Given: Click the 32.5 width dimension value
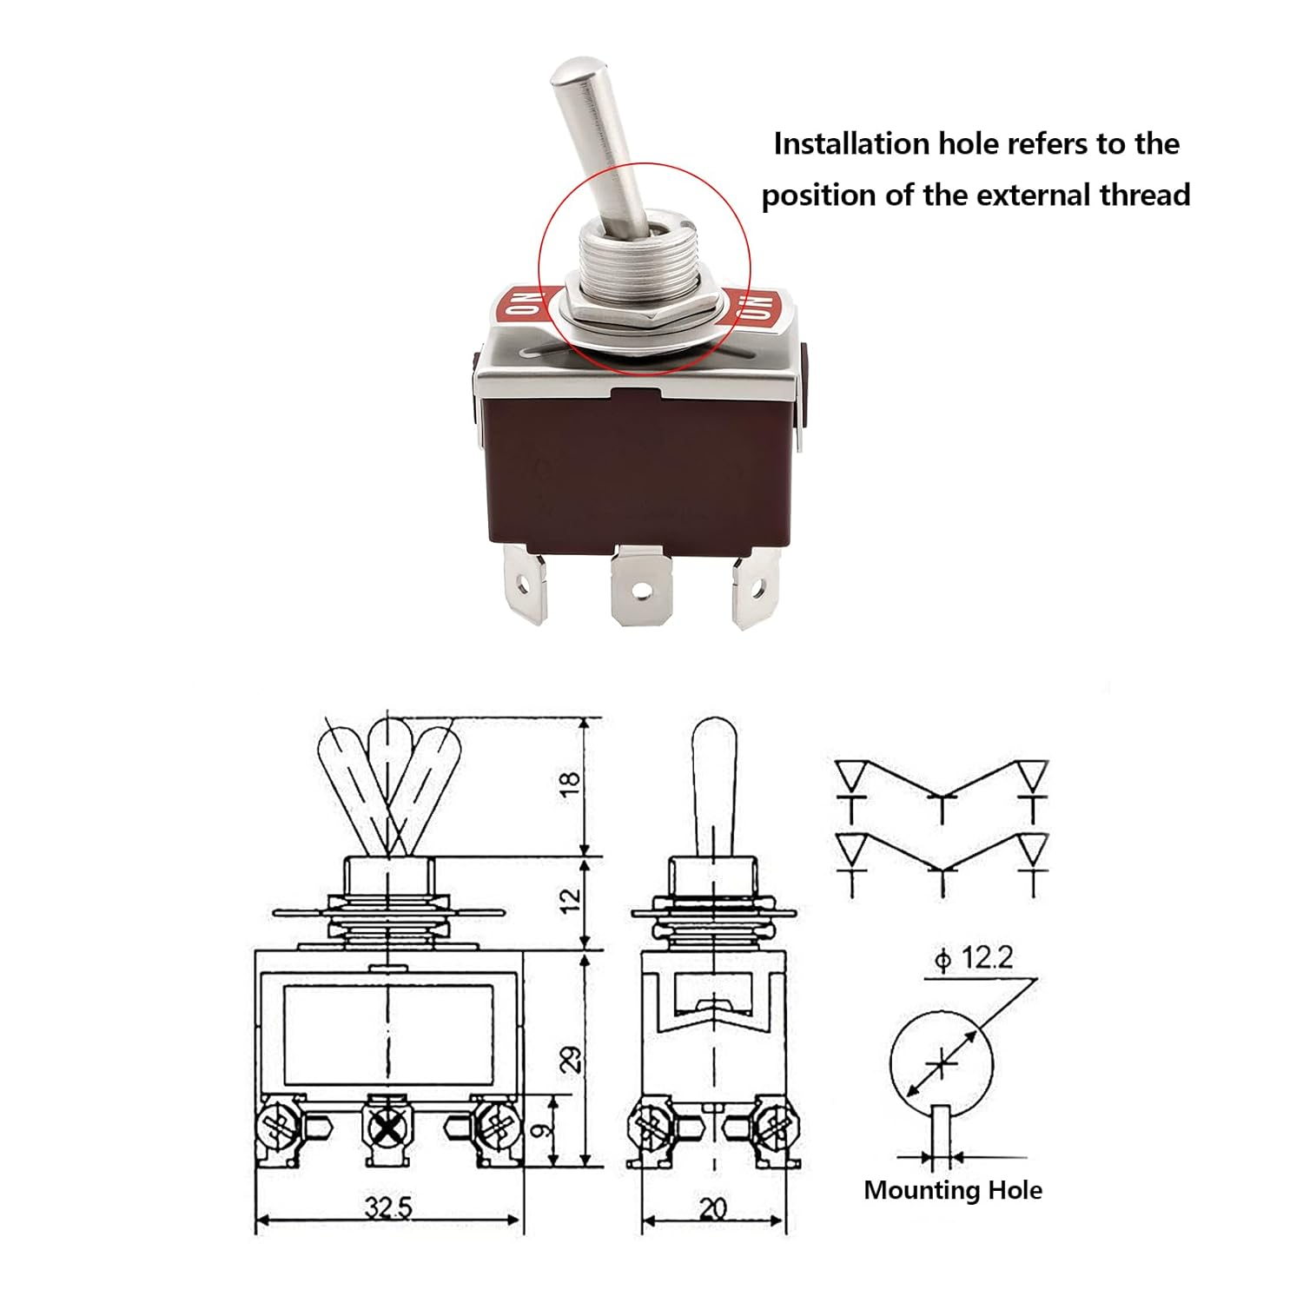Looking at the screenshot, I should point(388,1207).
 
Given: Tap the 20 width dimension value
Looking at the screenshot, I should point(712,1207).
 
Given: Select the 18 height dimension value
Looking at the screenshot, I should point(570,781).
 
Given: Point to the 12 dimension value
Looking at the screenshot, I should point(570,900).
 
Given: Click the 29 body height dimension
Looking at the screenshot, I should point(571,1059).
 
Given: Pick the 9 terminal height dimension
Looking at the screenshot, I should point(541,1130).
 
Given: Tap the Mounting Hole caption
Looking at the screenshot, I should point(953,1190).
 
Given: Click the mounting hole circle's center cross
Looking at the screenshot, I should point(942,1063).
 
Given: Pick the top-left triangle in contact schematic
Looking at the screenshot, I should point(851,773).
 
